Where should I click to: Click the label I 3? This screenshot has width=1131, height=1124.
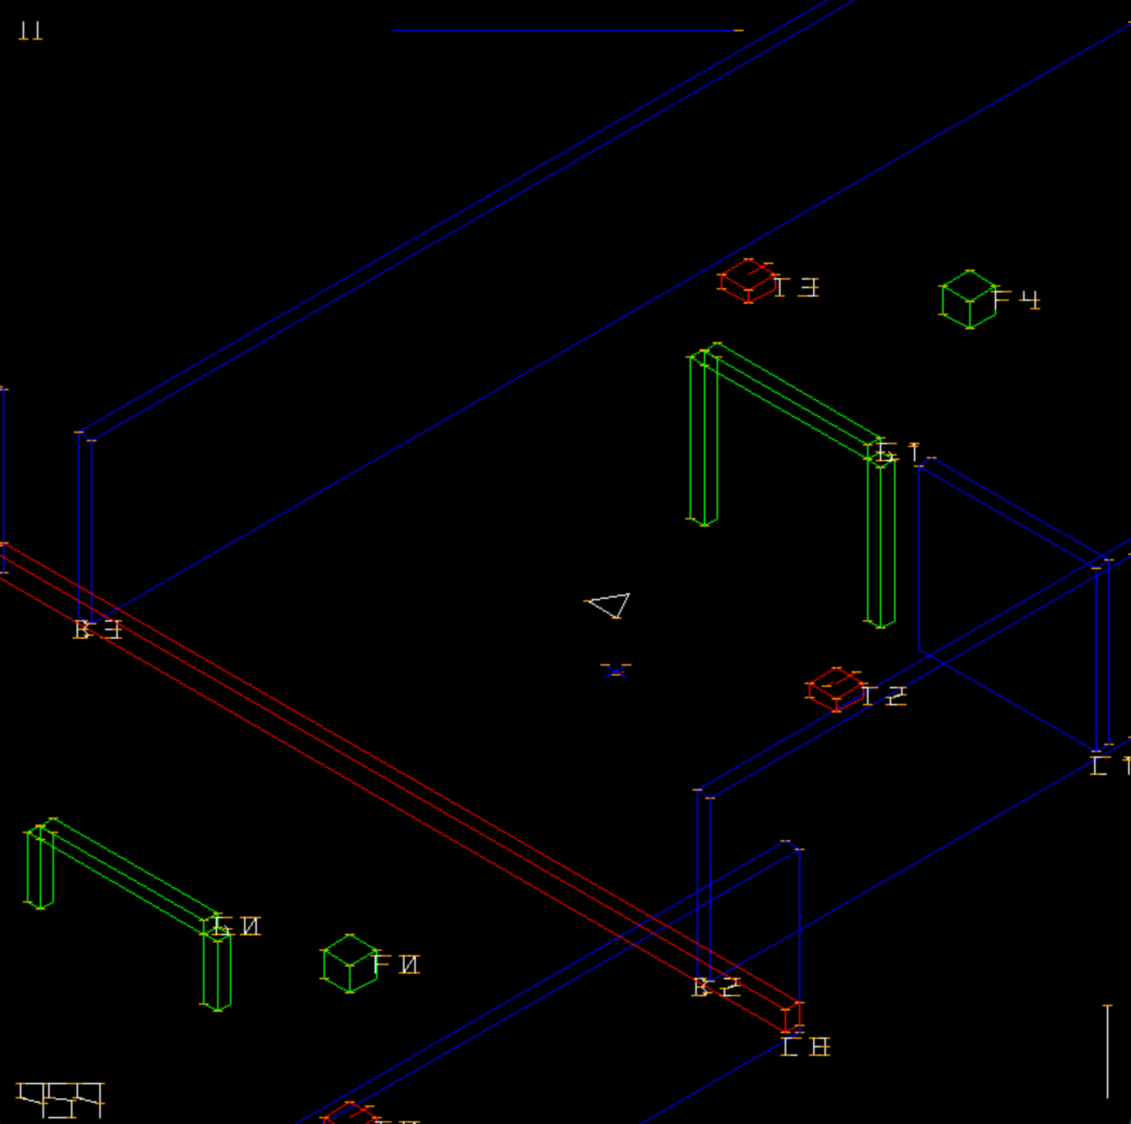pos(797,287)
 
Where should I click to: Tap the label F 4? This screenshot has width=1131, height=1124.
pos(1017,299)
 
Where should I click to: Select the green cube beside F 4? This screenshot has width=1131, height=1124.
pos(969,299)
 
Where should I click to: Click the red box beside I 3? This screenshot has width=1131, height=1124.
pos(747,281)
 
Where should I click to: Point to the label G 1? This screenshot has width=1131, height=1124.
pos(898,452)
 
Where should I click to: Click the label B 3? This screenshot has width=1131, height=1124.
pos(98,629)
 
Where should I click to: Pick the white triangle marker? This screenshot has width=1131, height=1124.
pos(610,605)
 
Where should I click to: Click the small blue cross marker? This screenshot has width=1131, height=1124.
pos(615,671)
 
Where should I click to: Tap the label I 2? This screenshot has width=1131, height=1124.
pos(884,695)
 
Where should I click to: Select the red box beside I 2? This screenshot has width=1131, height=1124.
pos(835,689)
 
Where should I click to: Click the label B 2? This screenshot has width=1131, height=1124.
pos(717,987)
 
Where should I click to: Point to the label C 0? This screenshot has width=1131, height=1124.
pos(805,1047)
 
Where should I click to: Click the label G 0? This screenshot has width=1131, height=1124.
pos(237,926)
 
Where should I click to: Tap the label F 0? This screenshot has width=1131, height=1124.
pos(397,964)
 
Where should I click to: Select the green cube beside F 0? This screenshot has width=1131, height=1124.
pos(350,964)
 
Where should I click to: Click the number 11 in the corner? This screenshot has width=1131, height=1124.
pos(31,31)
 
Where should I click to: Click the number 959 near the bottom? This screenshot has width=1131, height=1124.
pos(61,1099)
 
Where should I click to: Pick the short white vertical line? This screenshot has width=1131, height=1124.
pos(1108,1051)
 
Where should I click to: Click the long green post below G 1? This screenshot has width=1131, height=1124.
pos(881,543)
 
